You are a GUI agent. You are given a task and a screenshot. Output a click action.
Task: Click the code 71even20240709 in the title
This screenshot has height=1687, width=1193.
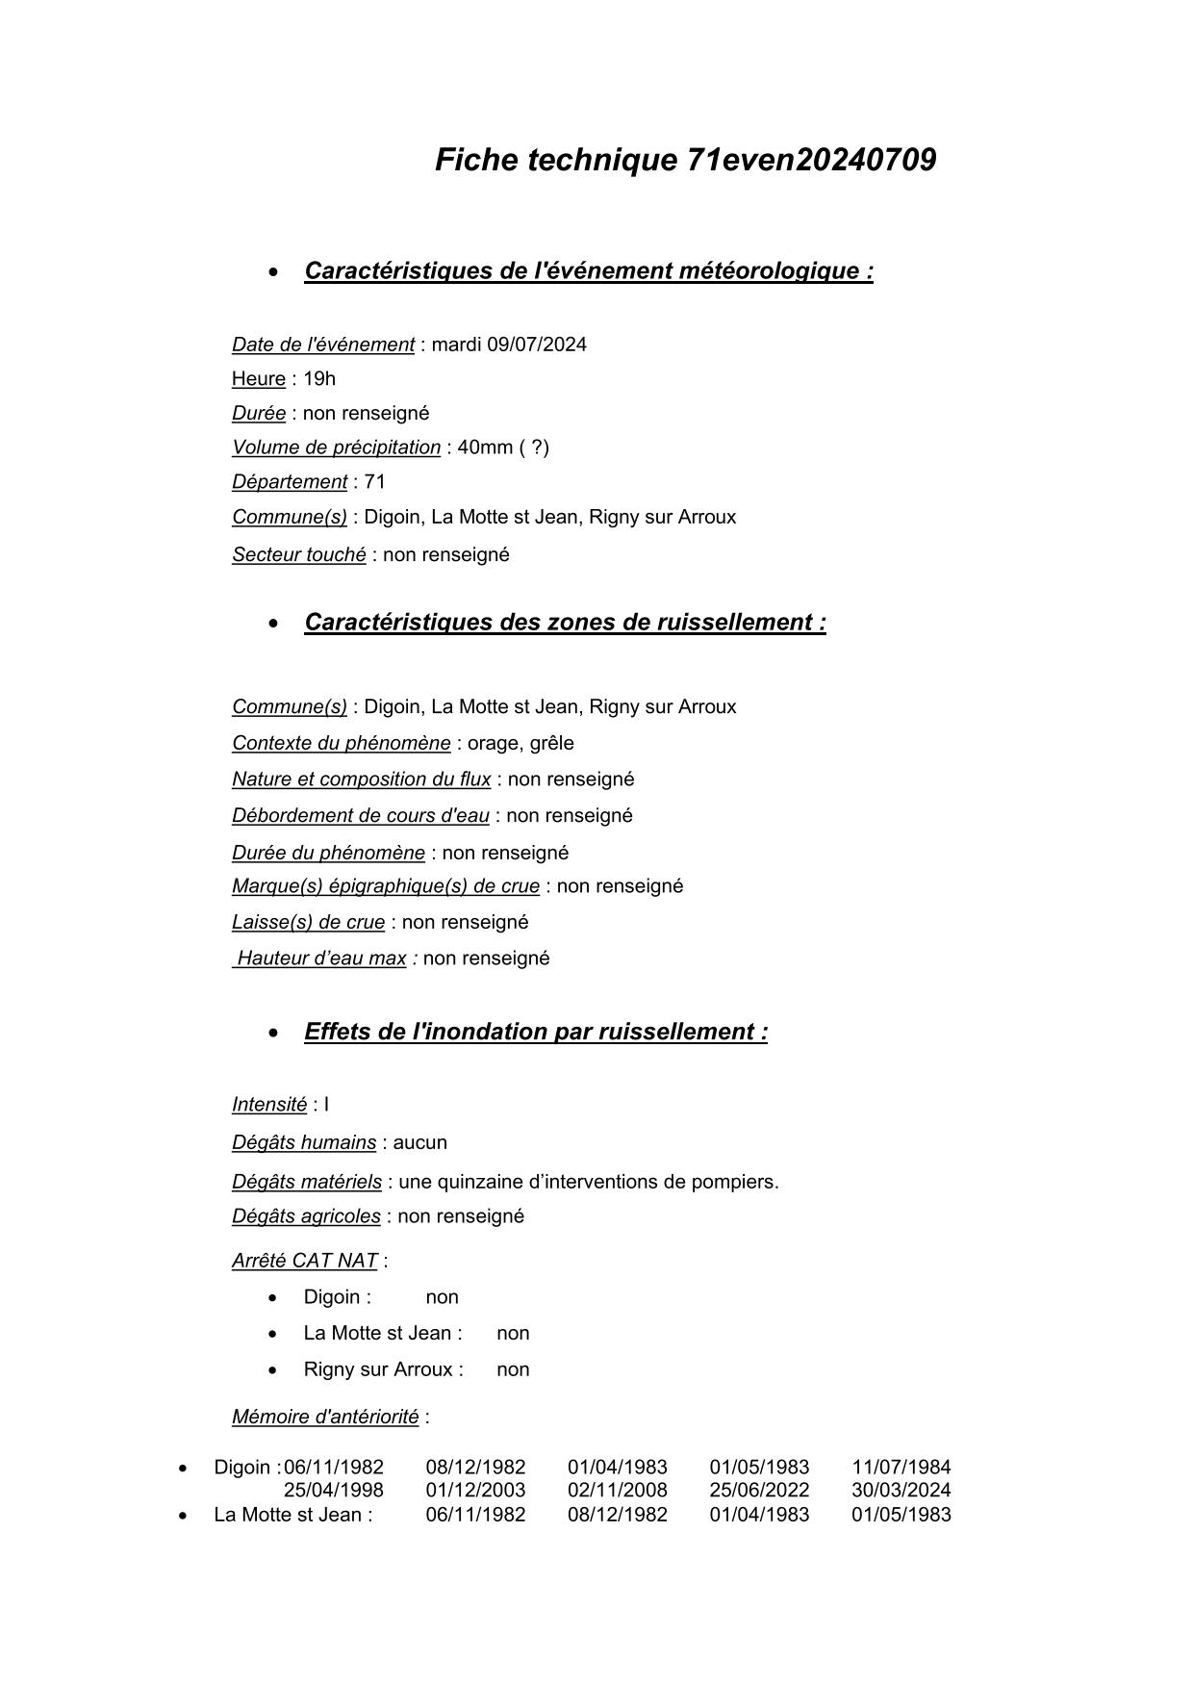811,160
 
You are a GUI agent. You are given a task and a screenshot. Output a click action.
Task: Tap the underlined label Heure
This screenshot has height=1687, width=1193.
258,379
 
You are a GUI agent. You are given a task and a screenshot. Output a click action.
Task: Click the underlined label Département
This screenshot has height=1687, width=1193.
289,482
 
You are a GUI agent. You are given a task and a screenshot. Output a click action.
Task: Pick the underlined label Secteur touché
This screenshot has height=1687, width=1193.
298,555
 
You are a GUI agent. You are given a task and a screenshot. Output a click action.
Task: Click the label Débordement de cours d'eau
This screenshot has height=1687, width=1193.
360,816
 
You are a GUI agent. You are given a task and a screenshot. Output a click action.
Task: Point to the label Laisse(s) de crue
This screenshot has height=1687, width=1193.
308,923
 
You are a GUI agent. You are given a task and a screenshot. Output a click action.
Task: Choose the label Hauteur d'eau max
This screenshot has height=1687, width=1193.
321,959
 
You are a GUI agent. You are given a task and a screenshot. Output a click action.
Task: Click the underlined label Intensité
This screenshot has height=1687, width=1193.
268,1105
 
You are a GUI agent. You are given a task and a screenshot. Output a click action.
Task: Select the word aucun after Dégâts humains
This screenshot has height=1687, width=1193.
420,1143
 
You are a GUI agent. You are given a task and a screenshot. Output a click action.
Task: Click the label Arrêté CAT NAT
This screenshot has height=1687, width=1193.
304,1261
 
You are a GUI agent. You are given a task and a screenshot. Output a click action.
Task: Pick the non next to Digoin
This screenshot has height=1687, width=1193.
442,1297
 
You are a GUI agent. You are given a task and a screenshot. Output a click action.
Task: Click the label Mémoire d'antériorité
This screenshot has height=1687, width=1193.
325,1417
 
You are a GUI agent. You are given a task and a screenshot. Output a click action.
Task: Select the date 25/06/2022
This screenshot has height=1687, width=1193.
759,1491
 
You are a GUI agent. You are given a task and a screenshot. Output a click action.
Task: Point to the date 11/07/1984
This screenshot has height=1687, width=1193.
901,1468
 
